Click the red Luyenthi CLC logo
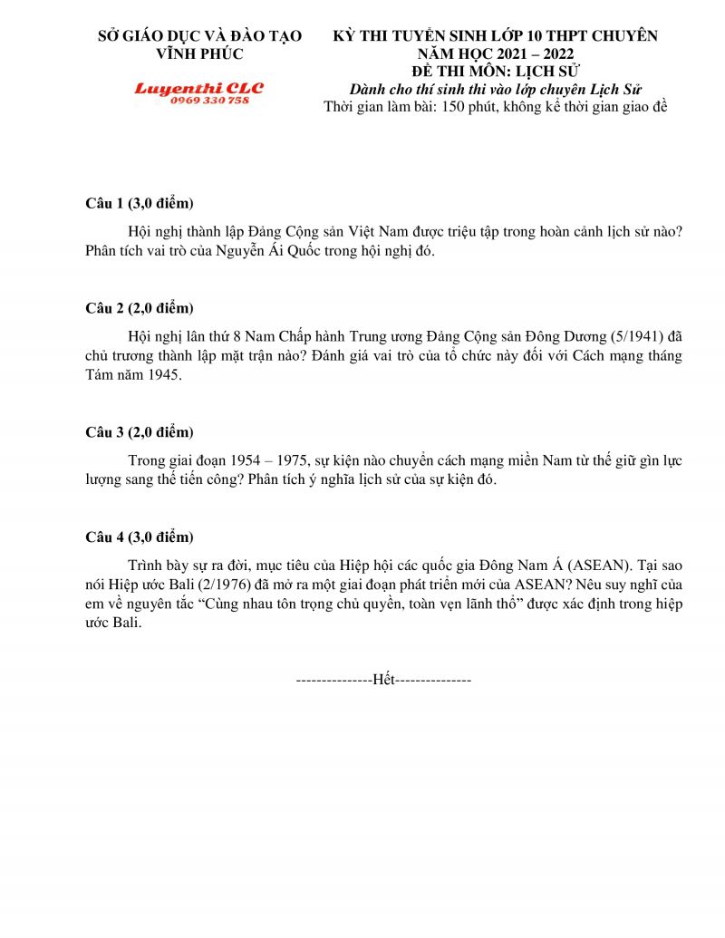[x=198, y=88]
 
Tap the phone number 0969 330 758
[x=209, y=100]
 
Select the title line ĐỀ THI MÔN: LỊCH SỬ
[x=496, y=71]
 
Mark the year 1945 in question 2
[x=163, y=374]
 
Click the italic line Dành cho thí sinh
[x=496, y=88]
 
